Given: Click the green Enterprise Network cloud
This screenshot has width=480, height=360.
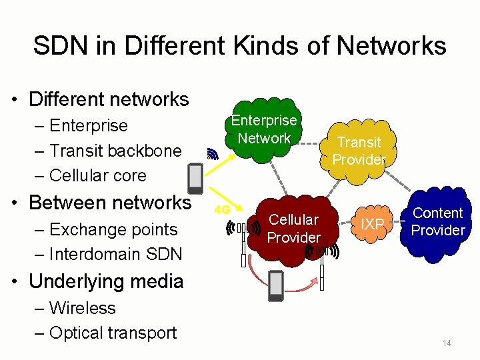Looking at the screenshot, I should tap(265, 129).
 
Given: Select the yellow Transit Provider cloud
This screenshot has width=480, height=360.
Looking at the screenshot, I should tap(359, 151).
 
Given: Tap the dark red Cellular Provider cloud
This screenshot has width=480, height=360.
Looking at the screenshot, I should tap(293, 229).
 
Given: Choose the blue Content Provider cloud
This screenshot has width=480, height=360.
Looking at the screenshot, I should tap(438, 222).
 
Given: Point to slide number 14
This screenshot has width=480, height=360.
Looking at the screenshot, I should tap(447, 343).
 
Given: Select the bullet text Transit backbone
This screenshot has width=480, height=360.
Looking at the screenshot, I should tap(115, 151).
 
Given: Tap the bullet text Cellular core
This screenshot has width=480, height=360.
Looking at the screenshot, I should tap(98, 175).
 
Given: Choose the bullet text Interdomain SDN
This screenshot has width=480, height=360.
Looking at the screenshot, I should tap(115, 254).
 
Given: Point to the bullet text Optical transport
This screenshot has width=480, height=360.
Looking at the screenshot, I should tap(113, 333).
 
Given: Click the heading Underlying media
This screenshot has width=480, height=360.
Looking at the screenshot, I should tap(106, 281).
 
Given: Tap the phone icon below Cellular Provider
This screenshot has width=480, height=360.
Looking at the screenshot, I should tap(275, 285).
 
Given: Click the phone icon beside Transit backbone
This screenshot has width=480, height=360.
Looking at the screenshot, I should tap(195, 177).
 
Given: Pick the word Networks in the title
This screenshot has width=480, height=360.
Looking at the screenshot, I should tap(391, 46).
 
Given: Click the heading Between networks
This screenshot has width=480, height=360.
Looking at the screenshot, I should tap(110, 202).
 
